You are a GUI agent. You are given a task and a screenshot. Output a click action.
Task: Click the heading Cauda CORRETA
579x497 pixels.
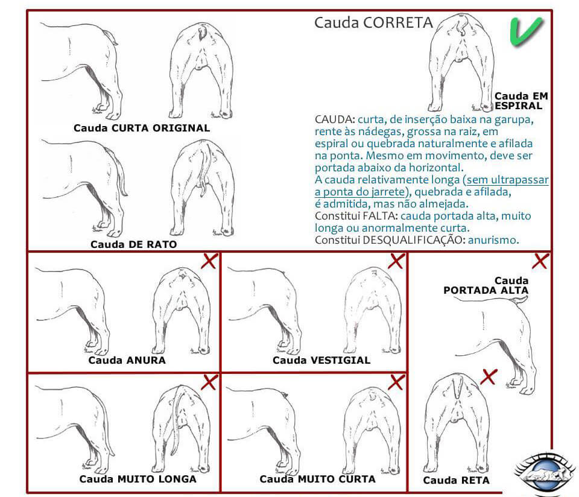click(373, 23)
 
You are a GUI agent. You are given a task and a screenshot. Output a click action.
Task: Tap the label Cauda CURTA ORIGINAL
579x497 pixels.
click(142, 128)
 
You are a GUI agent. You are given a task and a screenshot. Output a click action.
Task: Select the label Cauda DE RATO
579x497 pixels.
click(134, 244)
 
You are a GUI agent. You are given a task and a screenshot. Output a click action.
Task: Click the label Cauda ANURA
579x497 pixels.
click(127, 360)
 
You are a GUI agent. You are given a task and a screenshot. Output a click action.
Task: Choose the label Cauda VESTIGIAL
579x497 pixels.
click(321, 360)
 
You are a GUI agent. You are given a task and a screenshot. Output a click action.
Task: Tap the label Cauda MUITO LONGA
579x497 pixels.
click(138, 479)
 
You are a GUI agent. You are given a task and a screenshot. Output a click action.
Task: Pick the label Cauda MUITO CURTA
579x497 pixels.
click(317, 479)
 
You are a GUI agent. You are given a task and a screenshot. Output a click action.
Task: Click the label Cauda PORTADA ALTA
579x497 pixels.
click(486, 285)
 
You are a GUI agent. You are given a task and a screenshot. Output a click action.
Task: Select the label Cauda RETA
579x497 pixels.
click(456, 480)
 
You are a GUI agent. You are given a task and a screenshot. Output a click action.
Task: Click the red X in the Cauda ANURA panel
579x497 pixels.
click(209, 261)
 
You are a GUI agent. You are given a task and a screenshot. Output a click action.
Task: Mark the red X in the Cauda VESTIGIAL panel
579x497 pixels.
click(396, 261)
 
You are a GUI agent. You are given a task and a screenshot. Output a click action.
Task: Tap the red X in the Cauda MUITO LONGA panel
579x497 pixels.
click(209, 382)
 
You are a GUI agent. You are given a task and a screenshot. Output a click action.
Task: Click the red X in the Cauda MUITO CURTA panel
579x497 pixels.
click(396, 382)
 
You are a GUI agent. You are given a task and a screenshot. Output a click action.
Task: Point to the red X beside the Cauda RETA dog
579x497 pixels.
click(489, 377)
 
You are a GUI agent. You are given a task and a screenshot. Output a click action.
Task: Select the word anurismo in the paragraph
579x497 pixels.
click(493, 239)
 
